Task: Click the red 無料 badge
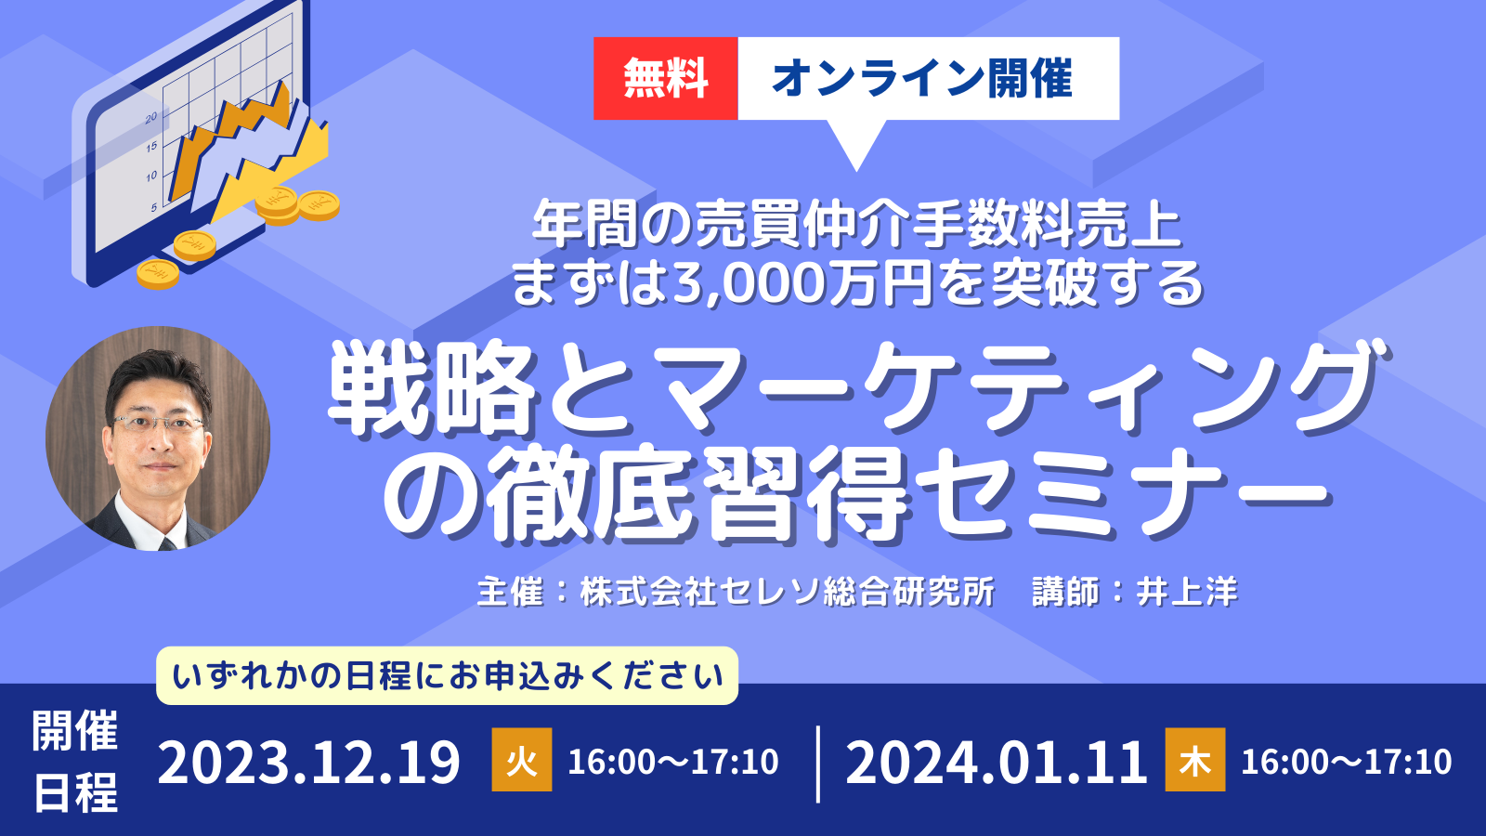(665, 78)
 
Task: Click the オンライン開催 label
(922, 78)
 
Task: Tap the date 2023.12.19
(309, 763)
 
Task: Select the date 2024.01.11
(997, 763)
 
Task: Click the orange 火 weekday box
(521, 760)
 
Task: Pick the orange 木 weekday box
(1194, 760)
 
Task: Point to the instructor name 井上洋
(1188, 592)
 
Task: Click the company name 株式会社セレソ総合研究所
(788, 592)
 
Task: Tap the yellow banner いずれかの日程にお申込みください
(447, 676)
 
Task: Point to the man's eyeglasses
(158, 424)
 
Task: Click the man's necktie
(166, 544)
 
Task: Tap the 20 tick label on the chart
(151, 117)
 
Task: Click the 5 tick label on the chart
(154, 208)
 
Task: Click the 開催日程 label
(75, 762)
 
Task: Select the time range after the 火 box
(672, 762)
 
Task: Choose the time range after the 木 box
(1346, 762)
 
